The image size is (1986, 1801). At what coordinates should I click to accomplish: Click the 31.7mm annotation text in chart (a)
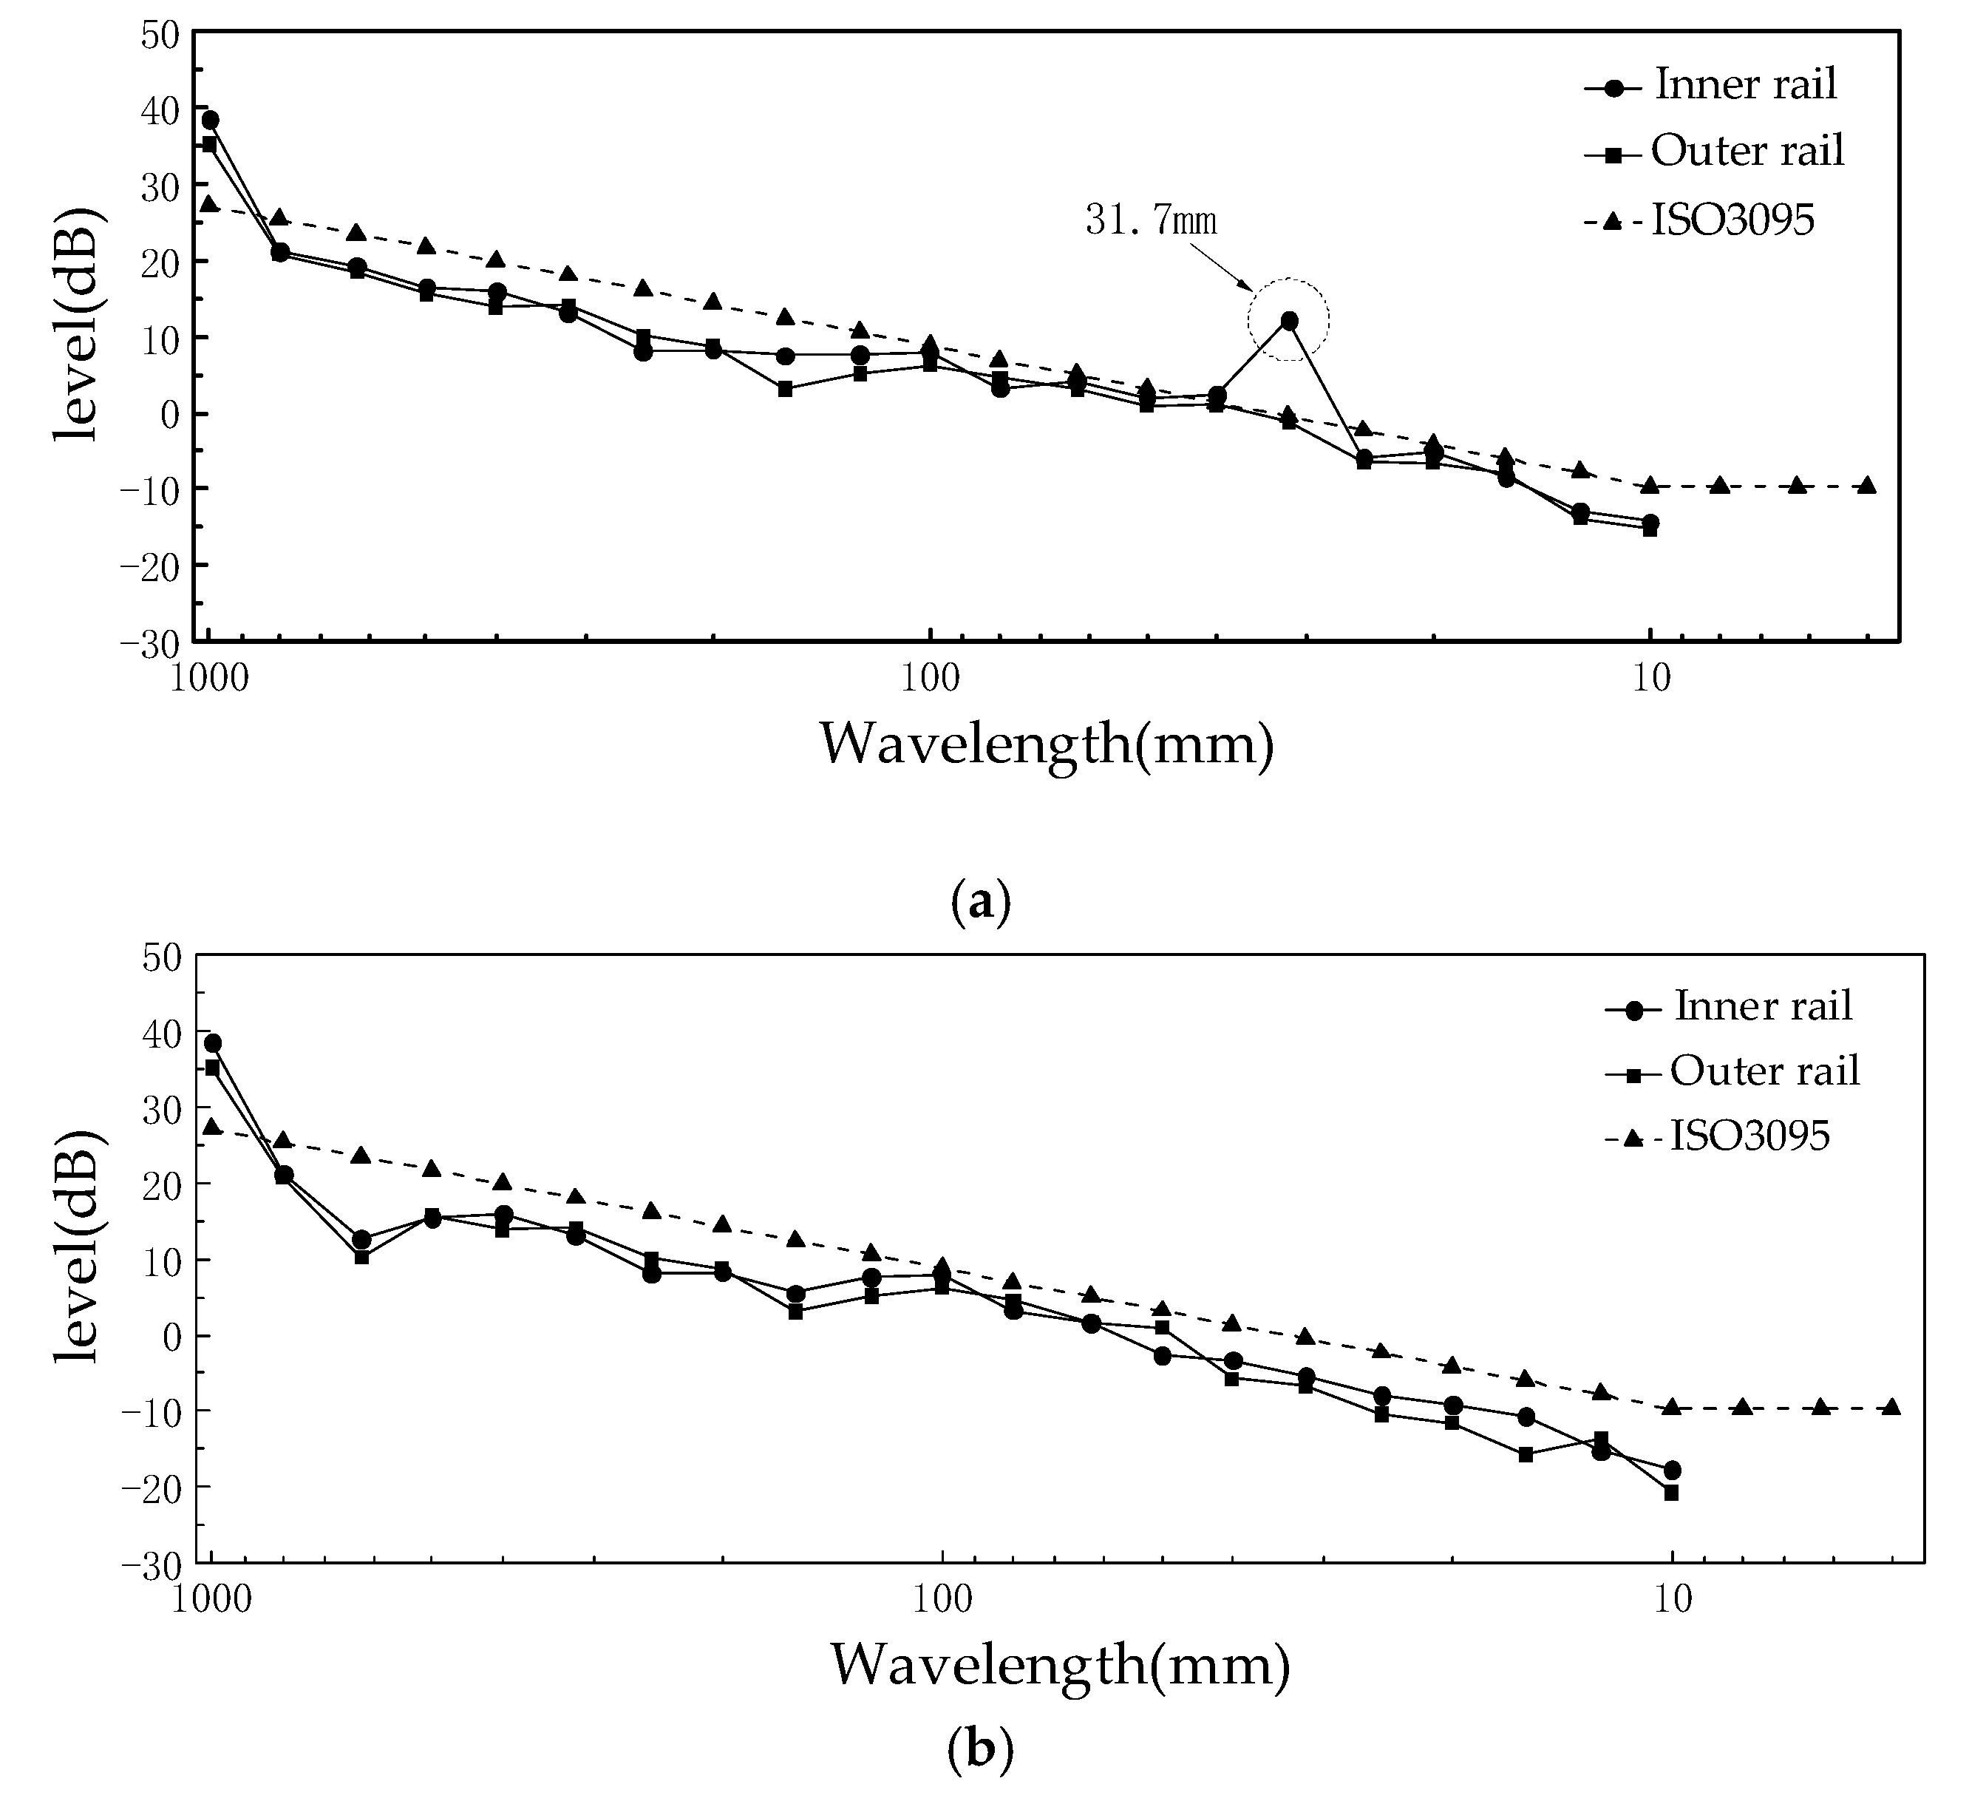[1151, 221]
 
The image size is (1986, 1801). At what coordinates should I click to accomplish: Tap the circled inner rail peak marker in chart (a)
[1288, 320]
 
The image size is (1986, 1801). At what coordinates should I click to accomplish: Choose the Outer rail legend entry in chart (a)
[1747, 151]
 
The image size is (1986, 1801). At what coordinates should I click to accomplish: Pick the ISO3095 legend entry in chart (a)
[1732, 222]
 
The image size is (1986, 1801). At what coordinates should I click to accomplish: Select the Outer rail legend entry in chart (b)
[1764, 1071]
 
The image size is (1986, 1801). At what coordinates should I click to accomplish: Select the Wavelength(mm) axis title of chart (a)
[1046, 744]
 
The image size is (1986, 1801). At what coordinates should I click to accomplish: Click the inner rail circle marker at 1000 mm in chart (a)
[210, 121]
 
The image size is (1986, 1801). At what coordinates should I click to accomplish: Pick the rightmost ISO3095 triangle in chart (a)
[1867, 485]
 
